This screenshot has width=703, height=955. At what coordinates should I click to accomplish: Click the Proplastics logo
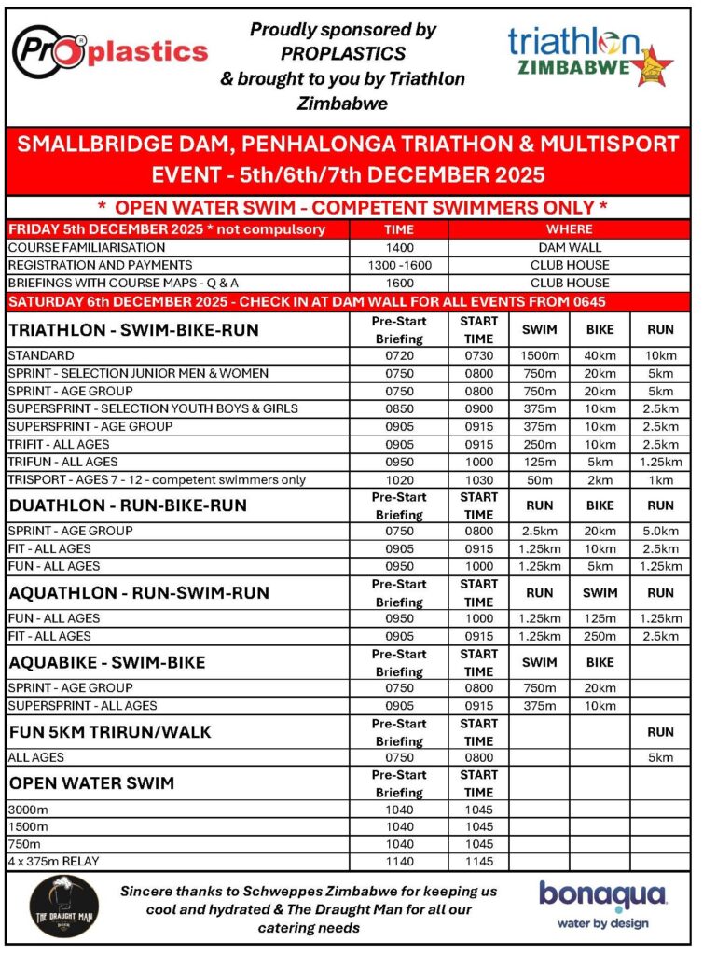coord(110,50)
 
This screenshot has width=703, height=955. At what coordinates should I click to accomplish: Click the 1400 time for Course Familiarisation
coord(398,248)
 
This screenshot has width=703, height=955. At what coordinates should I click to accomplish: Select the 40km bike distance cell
coord(600,355)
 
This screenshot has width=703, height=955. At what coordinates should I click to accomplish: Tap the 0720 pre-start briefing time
coord(398,355)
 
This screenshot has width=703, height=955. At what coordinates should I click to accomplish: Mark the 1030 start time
coord(477,479)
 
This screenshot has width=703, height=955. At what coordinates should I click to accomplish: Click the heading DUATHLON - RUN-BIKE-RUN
coord(128,505)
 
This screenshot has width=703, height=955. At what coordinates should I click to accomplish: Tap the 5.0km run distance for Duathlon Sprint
coord(660,531)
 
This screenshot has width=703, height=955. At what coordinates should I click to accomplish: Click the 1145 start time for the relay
coord(477,862)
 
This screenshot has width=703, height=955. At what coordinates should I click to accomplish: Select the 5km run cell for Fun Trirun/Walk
coord(660,757)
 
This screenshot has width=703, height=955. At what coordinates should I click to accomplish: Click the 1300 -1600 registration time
coord(398,266)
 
